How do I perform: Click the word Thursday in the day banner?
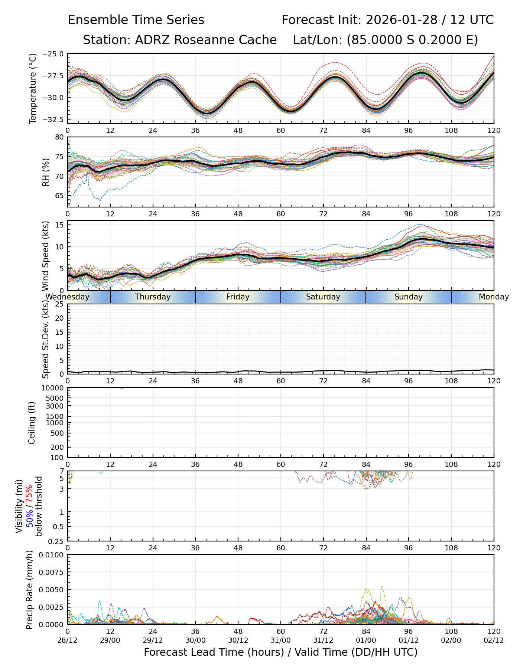click(x=153, y=297)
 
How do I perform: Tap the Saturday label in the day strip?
click(x=323, y=297)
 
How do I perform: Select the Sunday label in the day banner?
click(x=409, y=297)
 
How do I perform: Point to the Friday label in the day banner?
click(x=238, y=297)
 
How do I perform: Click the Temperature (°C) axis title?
click(x=33, y=88)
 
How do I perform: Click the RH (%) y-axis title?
click(x=46, y=172)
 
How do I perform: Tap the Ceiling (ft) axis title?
click(x=32, y=423)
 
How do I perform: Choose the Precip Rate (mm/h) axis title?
click(x=30, y=589)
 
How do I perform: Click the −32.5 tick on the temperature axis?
click(x=53, y=119)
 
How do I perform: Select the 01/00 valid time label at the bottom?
click(x=366, y=640)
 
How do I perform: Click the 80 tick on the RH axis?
click(x=59, y=137)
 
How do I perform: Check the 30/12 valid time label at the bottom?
click(x=238, y=640)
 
